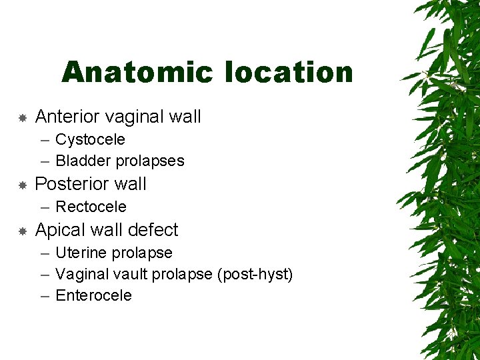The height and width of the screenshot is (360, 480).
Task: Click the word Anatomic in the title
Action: [139, 72]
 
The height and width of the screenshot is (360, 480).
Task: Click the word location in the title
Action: [289, 72]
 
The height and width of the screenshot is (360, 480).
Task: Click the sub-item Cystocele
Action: [90, 139]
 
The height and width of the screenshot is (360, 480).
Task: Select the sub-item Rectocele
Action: [91, 207]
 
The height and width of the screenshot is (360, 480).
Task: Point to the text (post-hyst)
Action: [255, 274]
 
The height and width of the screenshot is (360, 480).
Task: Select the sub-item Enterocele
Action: [93, 295]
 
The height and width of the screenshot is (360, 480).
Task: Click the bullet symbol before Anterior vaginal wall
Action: [22, 118]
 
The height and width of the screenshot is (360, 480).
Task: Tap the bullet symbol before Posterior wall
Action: [22, 185]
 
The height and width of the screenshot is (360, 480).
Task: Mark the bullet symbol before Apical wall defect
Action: [22, 231]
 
